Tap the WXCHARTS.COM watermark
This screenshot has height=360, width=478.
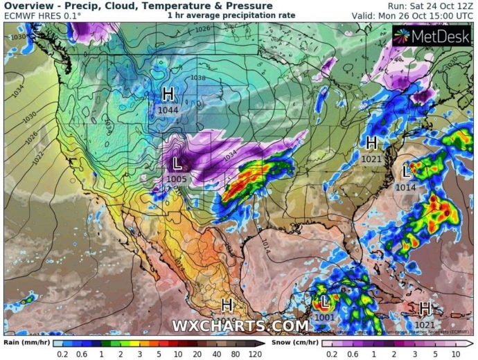(x=240, y=325)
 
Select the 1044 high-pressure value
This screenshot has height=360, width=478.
(x=168, y=109)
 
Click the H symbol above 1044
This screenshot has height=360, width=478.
(x=168, y=93)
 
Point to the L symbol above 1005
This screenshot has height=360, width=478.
(x=177, y=164)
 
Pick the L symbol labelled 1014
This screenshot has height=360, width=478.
(x=407, y=171)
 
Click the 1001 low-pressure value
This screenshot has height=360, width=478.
(x=324, y=318)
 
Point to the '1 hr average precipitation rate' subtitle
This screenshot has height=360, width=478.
(x=231, y=15)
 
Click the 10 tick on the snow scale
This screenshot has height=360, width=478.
(x=457, y=354)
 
